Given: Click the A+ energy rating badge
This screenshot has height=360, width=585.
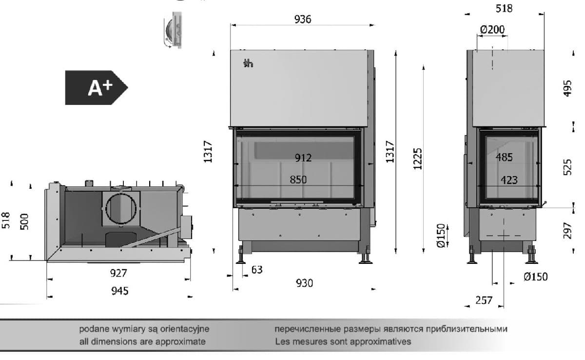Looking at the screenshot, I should click(96, 88).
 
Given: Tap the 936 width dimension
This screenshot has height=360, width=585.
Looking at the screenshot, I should click(303, 20).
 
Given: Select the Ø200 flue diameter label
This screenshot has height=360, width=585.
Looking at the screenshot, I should click(492, 30).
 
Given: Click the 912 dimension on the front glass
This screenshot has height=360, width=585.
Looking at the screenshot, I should click(303, 158).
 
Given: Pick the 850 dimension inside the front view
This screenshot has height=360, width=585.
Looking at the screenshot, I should click(298, 180).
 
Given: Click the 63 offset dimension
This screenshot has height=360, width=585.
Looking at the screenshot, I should click(256, 269).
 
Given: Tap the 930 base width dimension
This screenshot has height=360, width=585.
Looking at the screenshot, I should click(304, 283).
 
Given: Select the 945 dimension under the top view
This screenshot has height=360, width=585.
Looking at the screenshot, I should click(119, 291).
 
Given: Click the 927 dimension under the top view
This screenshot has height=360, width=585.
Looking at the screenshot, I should click(118, 273).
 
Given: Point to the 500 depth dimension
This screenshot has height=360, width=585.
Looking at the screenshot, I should click(25, 221).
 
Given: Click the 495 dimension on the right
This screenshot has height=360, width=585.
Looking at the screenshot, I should click(567, 88).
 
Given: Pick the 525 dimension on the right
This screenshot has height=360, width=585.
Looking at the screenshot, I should click(567, 167).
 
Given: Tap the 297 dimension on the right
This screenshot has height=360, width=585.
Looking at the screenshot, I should click(567, 231).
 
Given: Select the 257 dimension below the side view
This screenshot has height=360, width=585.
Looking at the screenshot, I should click(484, 300).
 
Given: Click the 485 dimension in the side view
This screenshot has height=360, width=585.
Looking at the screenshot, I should click(504, 158).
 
